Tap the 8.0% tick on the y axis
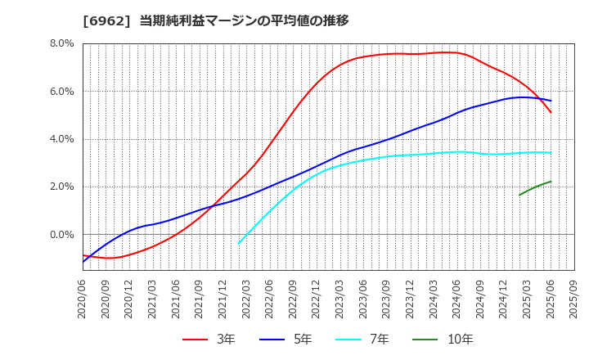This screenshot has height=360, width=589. coord(62,43)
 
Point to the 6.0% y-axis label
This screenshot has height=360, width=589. coord(62,92)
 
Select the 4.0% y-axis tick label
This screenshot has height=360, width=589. coord(62,139)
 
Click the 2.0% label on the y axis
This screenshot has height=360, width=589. coord(62,187)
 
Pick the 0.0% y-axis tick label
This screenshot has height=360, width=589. coord(62,235)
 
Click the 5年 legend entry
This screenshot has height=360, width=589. coord(286,339)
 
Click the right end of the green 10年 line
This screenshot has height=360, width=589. coord(551,182)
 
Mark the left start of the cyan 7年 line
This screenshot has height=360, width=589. coord(239,244)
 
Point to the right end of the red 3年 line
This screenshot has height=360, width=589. coord(551,112)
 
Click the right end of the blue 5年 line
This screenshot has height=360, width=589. coord(551,101)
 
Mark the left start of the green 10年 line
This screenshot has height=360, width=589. coord(519,195)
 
